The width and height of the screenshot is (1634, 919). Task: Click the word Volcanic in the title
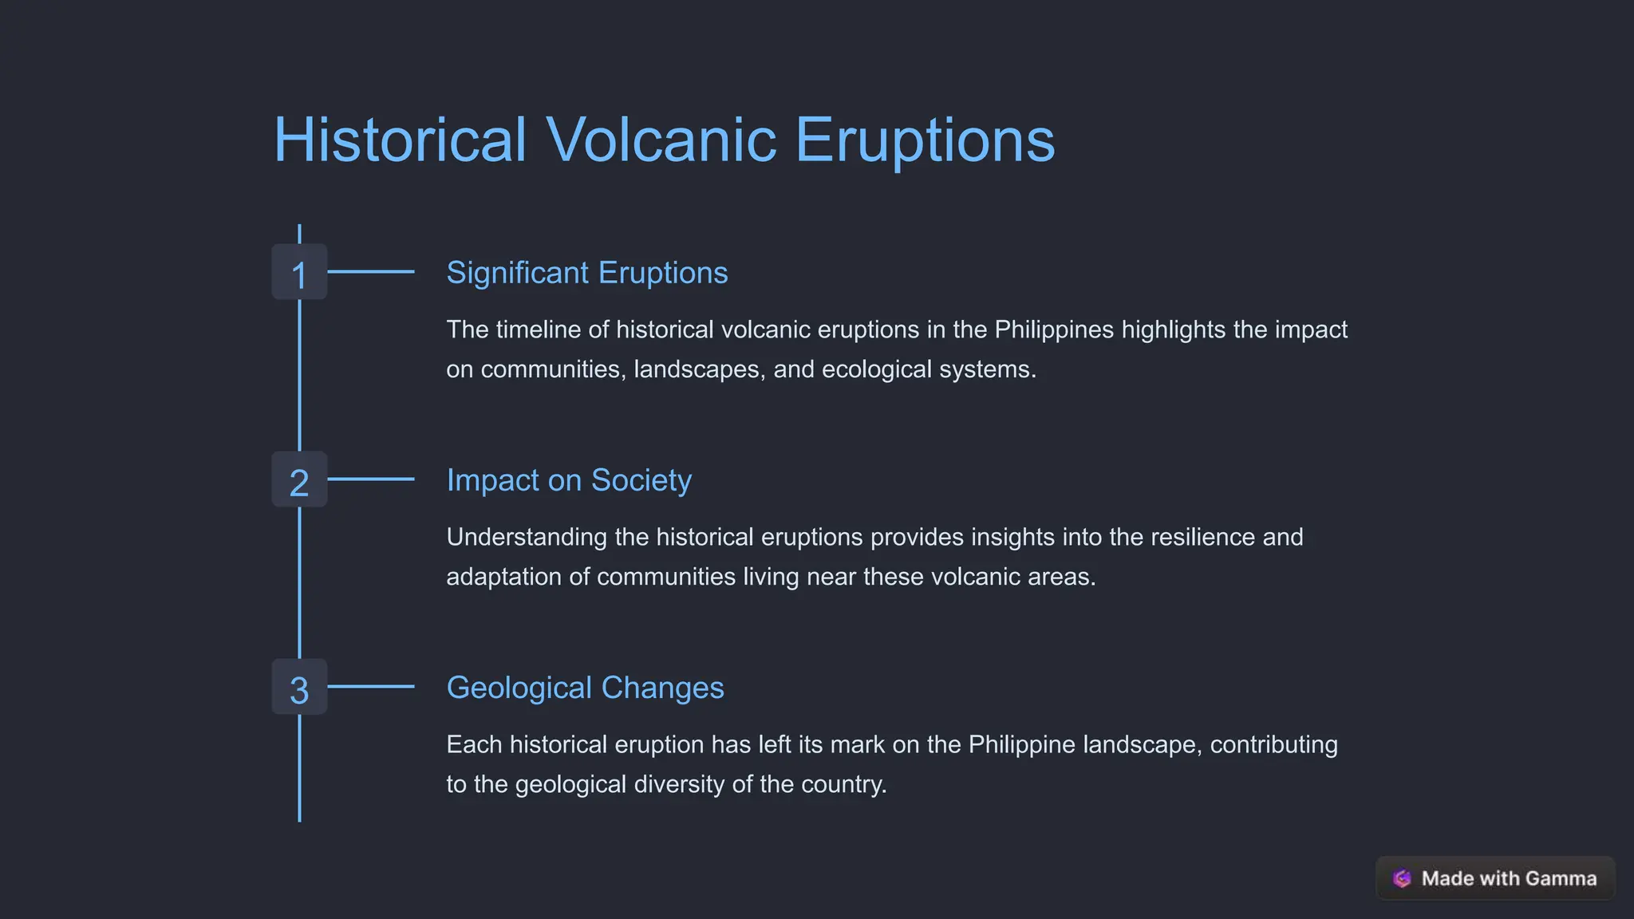pos(661,140)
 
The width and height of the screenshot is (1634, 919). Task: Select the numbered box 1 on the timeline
pos(299,273)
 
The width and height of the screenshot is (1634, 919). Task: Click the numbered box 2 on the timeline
pos(299,480)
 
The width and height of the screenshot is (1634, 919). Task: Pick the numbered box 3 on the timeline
pos(299,688)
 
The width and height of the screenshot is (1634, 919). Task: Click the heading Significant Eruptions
pos(586,273)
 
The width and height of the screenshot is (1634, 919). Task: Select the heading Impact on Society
pos(569,480)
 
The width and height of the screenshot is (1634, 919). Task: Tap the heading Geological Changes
pos(585,688)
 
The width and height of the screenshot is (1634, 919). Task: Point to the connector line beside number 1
pos(371,272)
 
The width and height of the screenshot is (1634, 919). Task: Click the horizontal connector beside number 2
pos(371,479)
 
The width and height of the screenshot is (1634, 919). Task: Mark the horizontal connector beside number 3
pos(371,687)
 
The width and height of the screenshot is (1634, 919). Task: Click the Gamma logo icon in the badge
pos(1402,878)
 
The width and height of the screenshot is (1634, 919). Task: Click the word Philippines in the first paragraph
pos(1054,329)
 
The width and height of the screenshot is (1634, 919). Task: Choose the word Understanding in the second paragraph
pos(527,537)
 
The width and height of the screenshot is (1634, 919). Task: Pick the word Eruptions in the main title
pos(925,140)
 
